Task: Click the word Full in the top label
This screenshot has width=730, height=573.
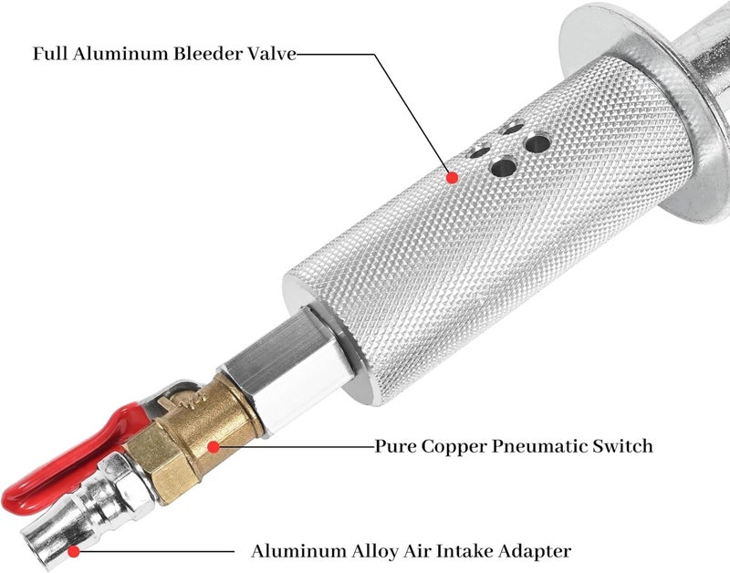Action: pos(50,53)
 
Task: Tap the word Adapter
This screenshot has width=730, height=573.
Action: pos(535,552)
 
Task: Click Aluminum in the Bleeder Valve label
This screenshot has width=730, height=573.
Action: pos(121,53)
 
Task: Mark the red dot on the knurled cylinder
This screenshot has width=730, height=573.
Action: pos(452,177)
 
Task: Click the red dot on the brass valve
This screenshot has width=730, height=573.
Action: pos(214,447)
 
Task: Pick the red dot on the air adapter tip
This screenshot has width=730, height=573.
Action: pos(74,552)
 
